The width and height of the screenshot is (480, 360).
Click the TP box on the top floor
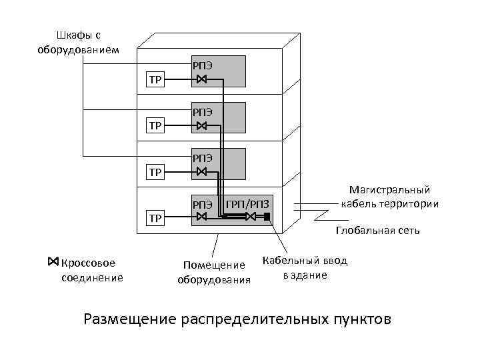pos(155,81)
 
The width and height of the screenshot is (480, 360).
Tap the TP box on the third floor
pos(155,172)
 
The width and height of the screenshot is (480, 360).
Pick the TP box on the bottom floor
pos(155,217)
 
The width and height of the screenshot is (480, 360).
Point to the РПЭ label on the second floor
pos(203,111)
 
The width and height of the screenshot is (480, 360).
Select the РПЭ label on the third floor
pos(203,157)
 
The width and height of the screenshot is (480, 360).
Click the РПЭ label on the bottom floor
pos(203,203)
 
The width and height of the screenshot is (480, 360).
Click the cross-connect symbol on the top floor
pos(202,81)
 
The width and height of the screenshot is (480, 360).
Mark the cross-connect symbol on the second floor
pos(202,126)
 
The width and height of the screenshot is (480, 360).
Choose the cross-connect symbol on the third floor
pos(202,171)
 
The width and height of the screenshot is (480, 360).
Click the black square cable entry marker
pos(267,217)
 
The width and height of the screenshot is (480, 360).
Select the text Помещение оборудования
pos(214,273)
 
